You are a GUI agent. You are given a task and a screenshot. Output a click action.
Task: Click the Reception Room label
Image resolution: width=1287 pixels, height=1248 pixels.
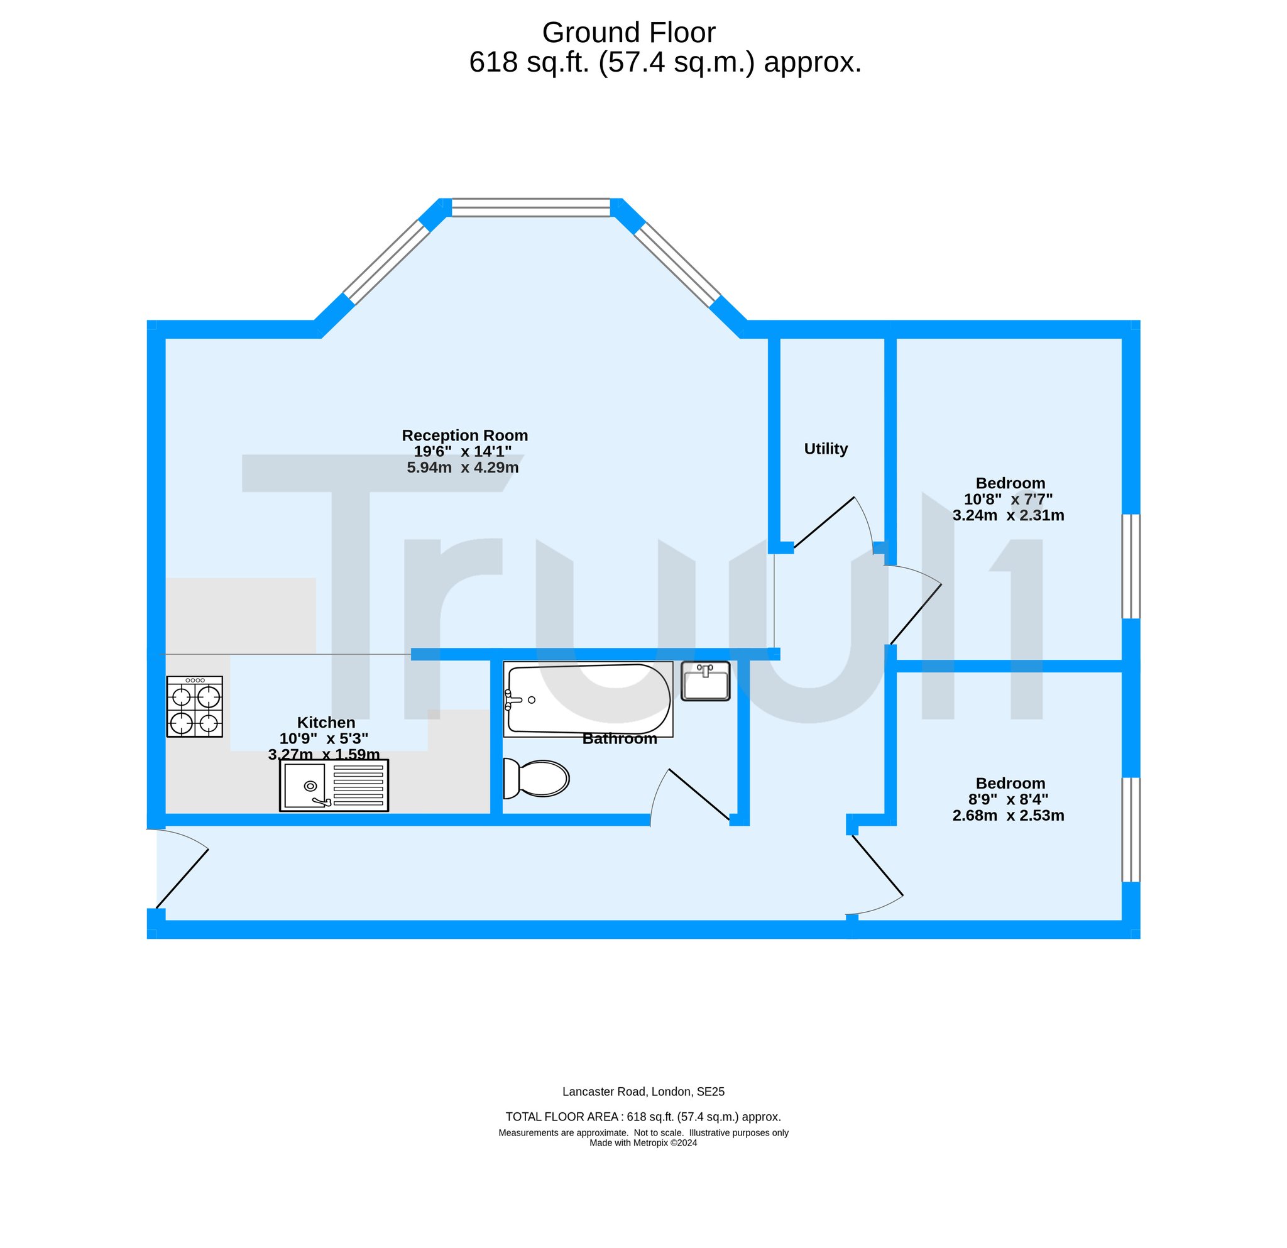(465, 435)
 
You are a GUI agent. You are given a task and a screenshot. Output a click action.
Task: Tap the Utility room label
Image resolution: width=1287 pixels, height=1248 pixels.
(826, 449)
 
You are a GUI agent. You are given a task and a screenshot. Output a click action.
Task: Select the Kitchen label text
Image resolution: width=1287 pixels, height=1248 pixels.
(326, 722)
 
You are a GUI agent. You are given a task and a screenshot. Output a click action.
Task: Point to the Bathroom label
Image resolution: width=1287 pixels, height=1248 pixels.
(620, 738)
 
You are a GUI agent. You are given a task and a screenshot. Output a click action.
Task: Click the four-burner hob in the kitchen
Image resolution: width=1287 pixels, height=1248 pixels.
(194, 706)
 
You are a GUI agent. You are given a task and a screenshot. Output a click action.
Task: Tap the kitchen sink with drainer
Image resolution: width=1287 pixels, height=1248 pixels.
(334, 785)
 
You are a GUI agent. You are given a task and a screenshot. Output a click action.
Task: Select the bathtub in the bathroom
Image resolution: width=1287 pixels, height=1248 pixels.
(588, 699)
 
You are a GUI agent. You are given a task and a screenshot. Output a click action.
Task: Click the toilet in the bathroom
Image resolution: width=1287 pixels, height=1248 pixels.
(536, 779)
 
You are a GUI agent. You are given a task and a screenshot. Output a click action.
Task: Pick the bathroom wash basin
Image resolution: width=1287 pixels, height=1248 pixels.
(705, 681)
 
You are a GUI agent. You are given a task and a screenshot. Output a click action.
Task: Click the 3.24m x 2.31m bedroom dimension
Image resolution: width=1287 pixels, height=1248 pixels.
(1009, 515)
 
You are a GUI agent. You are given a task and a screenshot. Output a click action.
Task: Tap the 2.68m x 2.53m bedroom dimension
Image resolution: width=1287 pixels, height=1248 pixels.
(1009, 816)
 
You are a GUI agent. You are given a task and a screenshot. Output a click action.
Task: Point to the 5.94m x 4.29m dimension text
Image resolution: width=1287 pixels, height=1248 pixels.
(463, 468)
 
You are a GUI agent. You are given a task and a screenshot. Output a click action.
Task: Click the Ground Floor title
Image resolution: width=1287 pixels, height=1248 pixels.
(628, 32)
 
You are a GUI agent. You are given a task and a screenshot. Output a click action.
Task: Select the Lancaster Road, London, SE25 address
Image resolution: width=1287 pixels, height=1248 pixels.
(643, 1092)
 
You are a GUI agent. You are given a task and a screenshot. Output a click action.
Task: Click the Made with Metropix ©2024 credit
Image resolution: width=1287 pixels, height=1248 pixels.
(643, 1142)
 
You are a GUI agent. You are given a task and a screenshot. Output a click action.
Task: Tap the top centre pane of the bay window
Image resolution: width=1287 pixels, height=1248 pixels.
(530, 207)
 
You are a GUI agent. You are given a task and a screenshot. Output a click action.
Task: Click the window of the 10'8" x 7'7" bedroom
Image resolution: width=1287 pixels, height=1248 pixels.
(1131, 566)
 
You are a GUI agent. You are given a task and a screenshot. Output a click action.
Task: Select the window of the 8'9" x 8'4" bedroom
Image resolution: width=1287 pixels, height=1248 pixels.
(1131, 829)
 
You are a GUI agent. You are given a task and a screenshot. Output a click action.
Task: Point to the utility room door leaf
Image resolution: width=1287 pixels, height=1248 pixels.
(824, 523)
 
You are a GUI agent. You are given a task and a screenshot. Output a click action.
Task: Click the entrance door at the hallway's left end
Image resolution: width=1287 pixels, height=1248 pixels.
(182, 879)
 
